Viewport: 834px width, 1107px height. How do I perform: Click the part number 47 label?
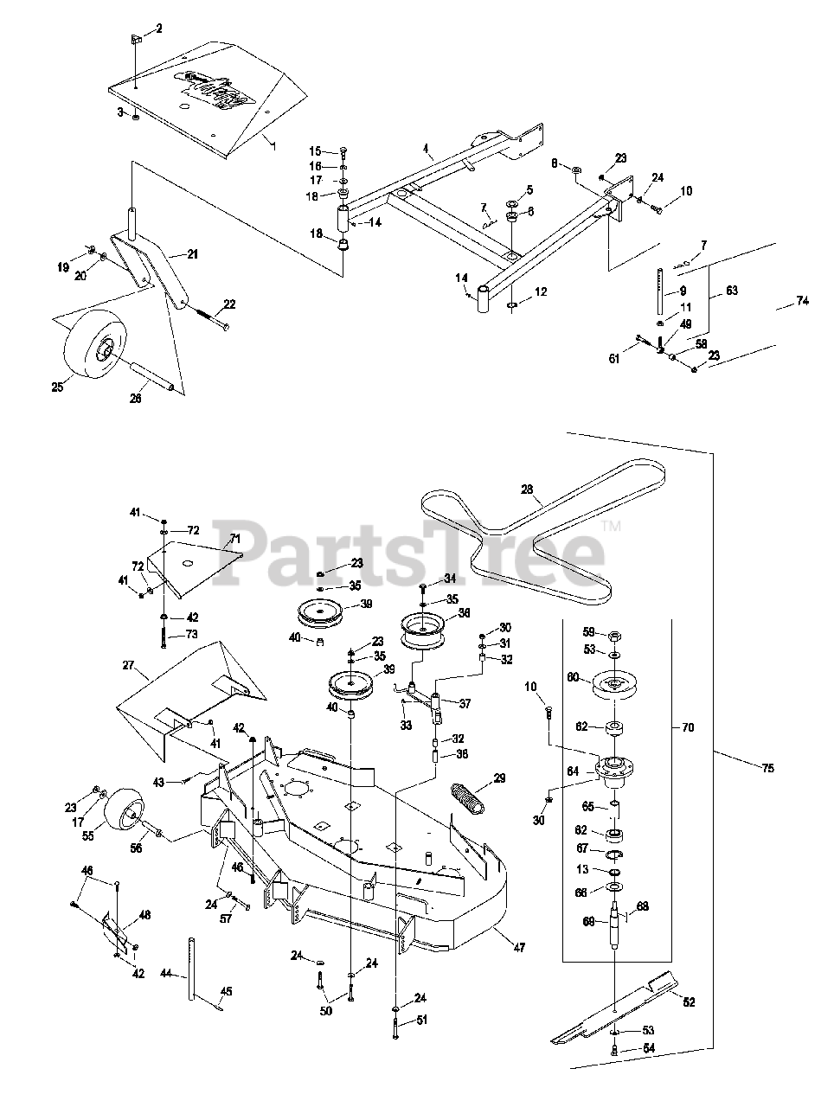pos(519,948)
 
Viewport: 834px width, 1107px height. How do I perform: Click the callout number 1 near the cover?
pos(275,147)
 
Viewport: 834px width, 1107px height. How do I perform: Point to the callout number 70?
pos(688,728)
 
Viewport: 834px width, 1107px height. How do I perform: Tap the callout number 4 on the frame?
pos(426,149)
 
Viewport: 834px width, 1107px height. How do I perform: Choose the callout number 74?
pos(803,300)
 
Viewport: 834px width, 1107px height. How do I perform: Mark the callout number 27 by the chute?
pos(129,665)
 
